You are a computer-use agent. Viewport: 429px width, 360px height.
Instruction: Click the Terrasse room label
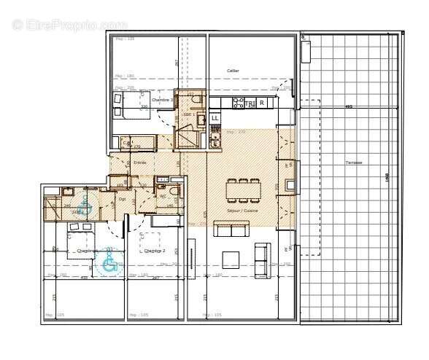355,163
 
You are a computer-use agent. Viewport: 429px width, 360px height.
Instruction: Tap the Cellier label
233,71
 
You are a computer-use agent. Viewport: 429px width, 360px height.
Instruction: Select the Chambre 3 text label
161,100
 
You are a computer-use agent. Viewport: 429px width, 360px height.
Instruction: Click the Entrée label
140,162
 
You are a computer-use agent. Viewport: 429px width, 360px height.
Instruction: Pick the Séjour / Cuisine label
243,210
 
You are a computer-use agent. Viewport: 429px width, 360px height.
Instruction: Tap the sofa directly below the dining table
231,230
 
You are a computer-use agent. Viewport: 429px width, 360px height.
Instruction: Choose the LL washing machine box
214,117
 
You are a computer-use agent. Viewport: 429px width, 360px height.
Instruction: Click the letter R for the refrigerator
261,103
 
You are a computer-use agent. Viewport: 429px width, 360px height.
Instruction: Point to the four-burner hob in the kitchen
237,103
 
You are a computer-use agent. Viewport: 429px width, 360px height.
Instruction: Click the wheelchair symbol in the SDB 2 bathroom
84,203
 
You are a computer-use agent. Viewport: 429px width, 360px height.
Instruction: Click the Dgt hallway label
122,198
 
